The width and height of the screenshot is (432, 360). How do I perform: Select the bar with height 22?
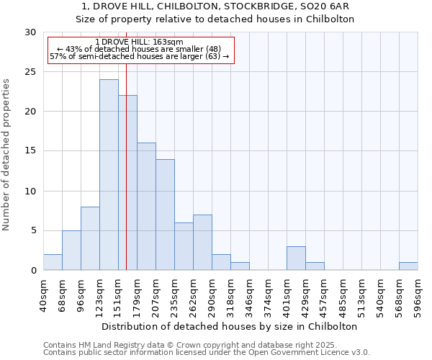[x=127, y=183]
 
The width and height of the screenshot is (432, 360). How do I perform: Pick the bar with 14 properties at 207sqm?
[x=165, y=215]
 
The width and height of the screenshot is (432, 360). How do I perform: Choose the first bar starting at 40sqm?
[x=53, y=263]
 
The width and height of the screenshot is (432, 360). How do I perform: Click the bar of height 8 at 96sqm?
[x=90, y=239]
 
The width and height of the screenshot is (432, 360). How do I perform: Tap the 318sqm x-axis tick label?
[x=230, y=295]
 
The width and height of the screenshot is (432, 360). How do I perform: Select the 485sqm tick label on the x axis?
[x=343, y=295]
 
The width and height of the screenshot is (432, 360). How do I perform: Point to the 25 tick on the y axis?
[x=31, y=72]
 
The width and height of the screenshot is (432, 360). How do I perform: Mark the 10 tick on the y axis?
[x=31, y=192]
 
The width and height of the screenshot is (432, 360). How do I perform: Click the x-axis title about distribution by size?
[x=230, y=326]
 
